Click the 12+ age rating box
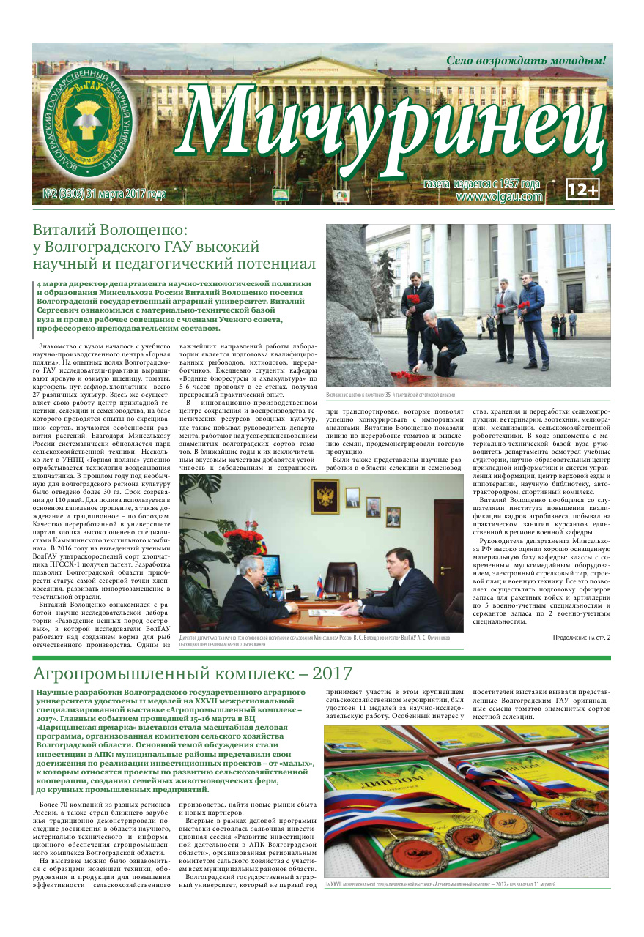[583, 190]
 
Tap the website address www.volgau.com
[499, 196]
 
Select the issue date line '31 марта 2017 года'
[126, 195]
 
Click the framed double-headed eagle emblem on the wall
[324, 497]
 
